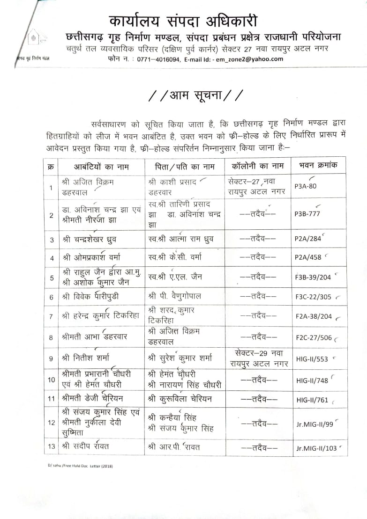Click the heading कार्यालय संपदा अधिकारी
[x=183, y=21]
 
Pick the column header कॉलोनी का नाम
[x=258, y=166]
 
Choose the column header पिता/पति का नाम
[x=185, y=166]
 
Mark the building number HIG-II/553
[x=312, y=358]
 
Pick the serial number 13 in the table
[x=51, y=447]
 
